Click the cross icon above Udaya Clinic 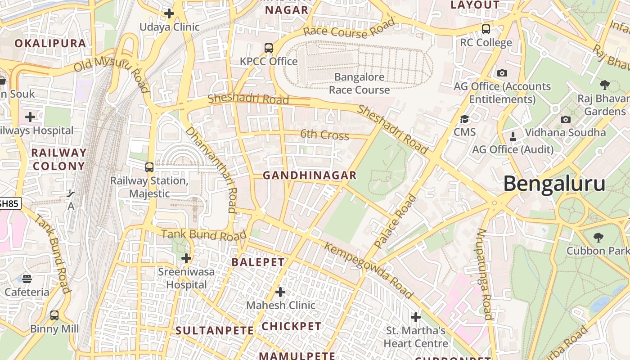[169, 13]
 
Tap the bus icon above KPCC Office [269, 48]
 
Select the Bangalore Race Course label [359, 83]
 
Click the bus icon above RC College [486, 29]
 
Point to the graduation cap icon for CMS [464, 119]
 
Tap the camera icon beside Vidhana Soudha [566, 119]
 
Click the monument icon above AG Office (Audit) [513, 136]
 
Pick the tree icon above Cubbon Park [598, 237]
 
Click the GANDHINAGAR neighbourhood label [310, 175]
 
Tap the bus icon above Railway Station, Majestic [149, 167]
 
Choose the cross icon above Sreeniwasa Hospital [186, 258]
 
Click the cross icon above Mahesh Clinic [280, 292]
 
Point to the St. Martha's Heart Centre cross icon [416, 317]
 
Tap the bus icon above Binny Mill [54, 315]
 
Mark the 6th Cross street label [324, 134]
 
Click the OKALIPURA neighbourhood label [50, 43]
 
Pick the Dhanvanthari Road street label [211, 169]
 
